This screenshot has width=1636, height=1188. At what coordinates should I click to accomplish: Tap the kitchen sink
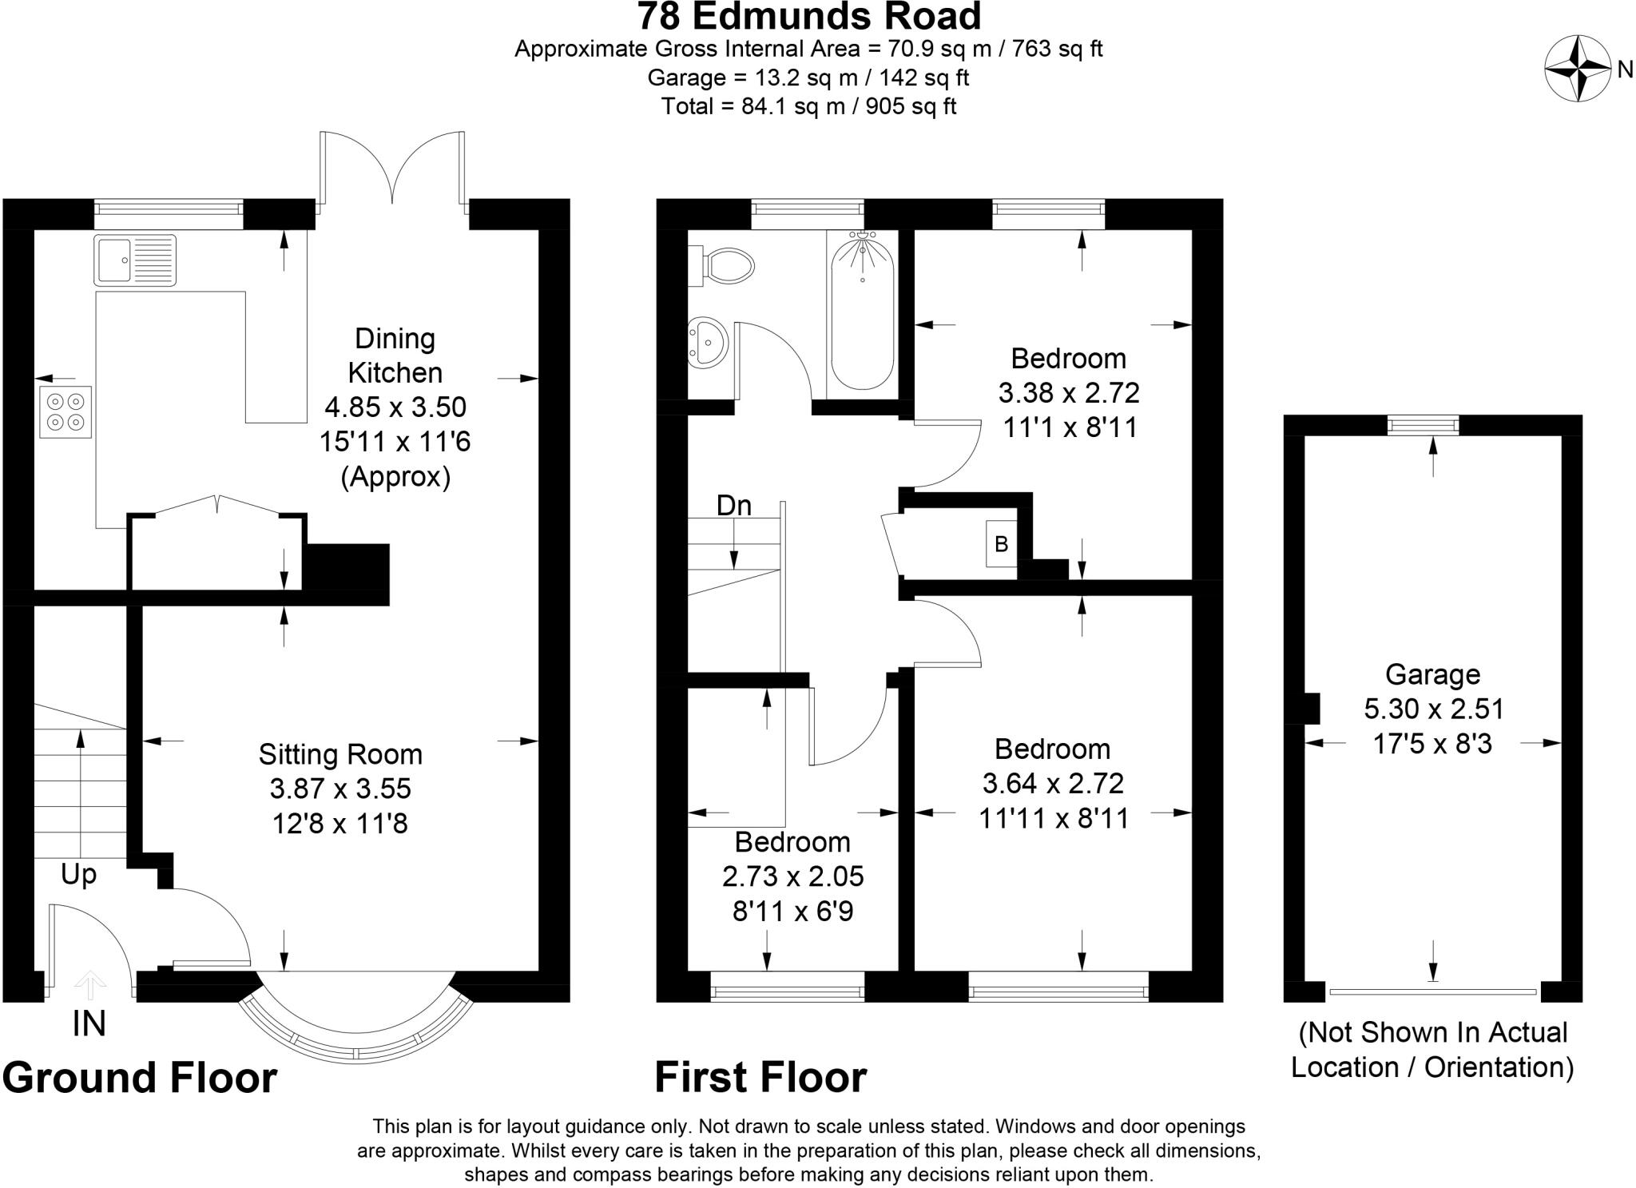134,260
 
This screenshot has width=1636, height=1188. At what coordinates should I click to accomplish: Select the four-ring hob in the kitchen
66,411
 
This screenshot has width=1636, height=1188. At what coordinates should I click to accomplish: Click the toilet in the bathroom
727,265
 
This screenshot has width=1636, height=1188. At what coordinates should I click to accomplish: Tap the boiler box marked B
1001,544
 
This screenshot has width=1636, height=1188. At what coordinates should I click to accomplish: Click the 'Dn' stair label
733,506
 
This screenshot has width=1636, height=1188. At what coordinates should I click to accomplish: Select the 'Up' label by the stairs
78,874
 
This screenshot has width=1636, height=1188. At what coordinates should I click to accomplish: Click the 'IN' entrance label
89,1023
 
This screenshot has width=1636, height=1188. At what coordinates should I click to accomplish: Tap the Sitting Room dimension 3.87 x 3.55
340,789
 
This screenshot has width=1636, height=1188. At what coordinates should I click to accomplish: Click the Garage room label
1432,674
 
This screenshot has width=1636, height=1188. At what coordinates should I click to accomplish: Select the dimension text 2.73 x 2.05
792,876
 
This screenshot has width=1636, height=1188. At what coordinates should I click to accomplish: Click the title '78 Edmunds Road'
808,16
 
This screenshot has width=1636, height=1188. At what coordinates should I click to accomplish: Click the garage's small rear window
1423,425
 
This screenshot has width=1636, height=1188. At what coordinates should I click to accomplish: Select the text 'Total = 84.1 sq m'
752,106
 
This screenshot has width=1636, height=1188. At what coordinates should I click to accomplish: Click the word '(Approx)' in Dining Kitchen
395,477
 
